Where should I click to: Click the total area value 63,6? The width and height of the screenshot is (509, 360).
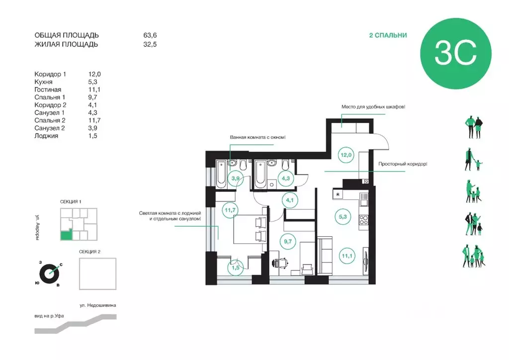pos(150,35)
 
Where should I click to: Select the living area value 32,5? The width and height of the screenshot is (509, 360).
pos(150,44)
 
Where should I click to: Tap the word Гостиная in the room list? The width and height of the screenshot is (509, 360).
pos(48,90)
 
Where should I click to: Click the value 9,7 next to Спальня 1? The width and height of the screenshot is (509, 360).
pos(92,97)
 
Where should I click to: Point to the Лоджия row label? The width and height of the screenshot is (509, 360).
pos(46,136)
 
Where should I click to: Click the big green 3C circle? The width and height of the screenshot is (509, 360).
pos(456,54)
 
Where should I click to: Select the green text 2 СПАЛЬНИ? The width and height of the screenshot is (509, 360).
pos(388,35)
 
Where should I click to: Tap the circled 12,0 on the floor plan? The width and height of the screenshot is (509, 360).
pos(346,155)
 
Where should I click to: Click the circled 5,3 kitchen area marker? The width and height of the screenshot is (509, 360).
pos(343,216)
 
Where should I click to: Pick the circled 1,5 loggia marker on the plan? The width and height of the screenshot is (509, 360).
pos(235,268)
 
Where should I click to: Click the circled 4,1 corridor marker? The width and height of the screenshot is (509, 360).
pos(290,200)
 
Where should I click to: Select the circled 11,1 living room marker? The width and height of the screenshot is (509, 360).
pos(347,256)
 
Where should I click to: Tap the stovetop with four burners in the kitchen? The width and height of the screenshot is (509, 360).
pos(363,220)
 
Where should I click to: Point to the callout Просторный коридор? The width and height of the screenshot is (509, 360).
pos(403,164)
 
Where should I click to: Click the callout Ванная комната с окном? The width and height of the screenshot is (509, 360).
pos(258,137)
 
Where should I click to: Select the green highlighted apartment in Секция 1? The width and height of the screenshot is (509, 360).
pos(66,235)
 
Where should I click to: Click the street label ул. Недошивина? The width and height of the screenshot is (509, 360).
pos(98,305)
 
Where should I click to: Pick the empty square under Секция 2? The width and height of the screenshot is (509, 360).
pos(98,273)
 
